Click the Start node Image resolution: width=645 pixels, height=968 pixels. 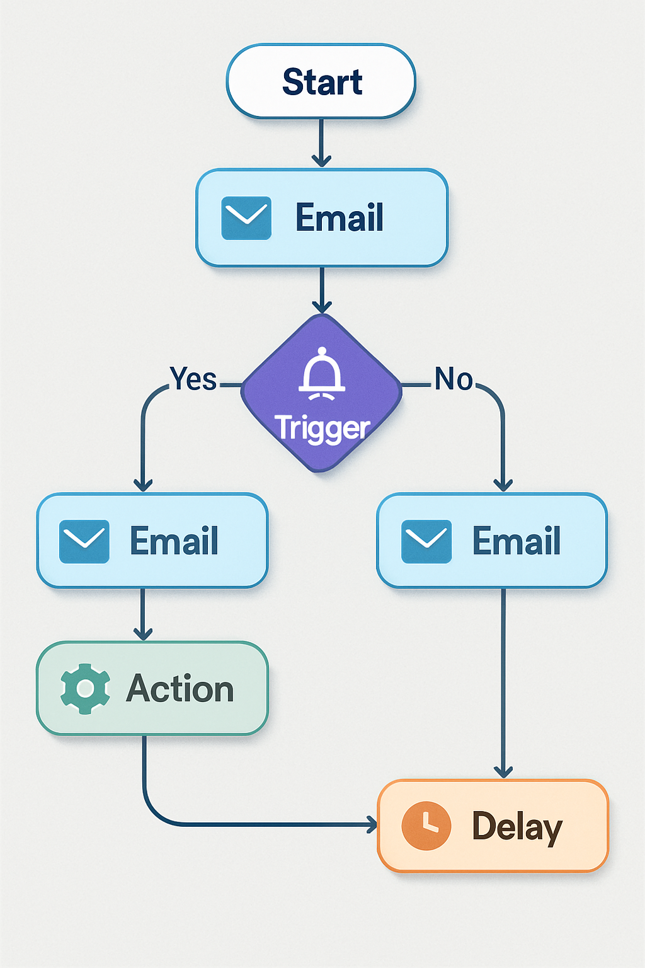click(x=321, y=81)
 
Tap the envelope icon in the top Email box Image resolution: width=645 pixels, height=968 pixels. click(x=246, y=218)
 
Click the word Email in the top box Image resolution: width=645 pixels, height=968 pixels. click(x=339, y=218)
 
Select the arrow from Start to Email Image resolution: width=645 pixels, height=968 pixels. click(x=321, y=144)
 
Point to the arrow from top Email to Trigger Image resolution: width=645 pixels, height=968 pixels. click(x=322, y=290)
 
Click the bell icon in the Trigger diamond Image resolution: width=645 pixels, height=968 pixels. click(x=322, y=374)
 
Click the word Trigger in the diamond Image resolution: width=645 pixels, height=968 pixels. click(x=322, y=428)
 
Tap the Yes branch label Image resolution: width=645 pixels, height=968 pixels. click(x=193, y=379)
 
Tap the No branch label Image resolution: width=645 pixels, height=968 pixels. click(x=454, y=379)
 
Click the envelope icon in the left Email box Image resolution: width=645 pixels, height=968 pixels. click(x=84, y=541)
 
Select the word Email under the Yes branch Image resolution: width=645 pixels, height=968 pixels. click(x=174, y=541)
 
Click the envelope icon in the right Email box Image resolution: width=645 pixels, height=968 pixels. click(x=426, y=541)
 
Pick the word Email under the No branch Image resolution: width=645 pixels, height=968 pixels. click(x=517, y=541)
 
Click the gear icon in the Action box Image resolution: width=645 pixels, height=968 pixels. click(x=85, y=689)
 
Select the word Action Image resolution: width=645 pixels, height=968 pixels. click(x=180, y=689)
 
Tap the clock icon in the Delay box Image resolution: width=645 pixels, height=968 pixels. click(x=426, y=826)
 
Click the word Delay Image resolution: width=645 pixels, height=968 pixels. click(x=517, y=826)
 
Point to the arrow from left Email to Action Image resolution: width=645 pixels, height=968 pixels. click(x=143, y=615)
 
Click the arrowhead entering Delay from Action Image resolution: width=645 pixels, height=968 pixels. click(x=372, y=824)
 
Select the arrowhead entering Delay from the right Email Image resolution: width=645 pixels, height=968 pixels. click(x=503, y=771)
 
